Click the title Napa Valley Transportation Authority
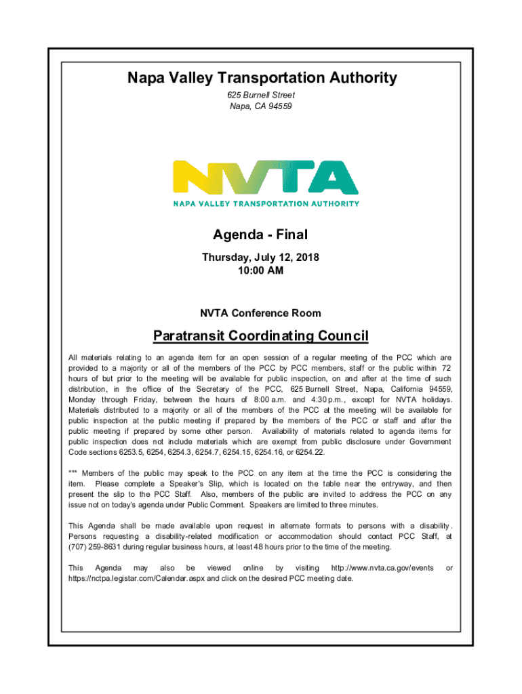tap(262, 78)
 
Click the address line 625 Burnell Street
tap(262, 96)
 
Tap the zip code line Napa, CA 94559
tap(262, 106)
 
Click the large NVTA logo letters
tap(266, 178)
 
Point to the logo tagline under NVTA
tap(266, 203)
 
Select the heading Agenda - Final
tap(260, 235)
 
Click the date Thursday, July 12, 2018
tap(260, 258)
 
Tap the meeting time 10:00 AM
tap(260, 271)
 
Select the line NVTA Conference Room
tap(260, 314)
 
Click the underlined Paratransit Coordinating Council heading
tap(260, 336)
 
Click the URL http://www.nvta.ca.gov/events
tap(382, 567)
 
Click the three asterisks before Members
tap(73, 473)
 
